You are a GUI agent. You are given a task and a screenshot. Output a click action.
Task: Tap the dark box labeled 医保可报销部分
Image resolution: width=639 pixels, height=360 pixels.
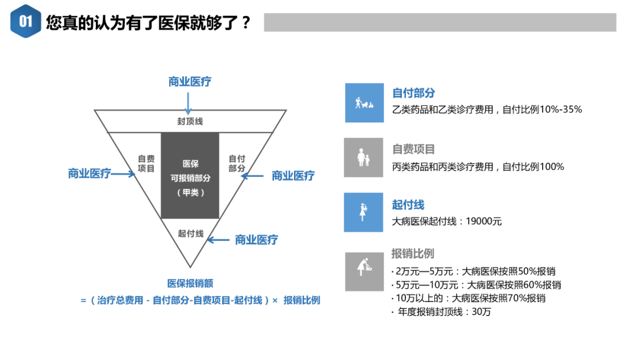coord(190,175)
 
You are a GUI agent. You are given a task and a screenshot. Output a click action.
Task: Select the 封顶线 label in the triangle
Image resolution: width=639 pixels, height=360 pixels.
coord(190,121)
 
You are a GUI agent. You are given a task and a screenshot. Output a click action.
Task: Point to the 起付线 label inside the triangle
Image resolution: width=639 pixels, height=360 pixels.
coord(191,233)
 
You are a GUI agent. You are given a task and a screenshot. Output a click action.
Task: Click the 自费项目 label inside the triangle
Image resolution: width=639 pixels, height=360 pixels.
coord(146,163)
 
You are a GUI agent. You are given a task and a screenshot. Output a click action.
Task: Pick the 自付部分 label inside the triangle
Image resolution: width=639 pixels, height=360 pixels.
coord(237,163)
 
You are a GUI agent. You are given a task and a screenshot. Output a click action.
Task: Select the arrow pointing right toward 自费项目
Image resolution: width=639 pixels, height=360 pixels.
coord(124,173)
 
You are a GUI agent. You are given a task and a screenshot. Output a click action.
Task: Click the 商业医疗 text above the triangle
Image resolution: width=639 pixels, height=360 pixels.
coord(189,82)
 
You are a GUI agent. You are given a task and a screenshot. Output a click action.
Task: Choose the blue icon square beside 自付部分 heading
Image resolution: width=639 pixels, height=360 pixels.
coord(364,102)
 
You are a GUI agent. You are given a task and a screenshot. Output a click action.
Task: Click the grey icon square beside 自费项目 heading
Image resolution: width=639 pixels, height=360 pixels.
coord(363,157)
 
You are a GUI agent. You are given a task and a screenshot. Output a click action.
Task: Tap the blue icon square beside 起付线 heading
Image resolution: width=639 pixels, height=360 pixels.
coord(363,212)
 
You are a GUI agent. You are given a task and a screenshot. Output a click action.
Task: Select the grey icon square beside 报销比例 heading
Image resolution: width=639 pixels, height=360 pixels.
coord(363,271)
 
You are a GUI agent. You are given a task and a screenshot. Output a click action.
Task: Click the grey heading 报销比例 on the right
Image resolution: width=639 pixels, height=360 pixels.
coord(412,253)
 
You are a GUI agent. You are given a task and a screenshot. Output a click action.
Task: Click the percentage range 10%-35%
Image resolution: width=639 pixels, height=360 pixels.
coord(560,109)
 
